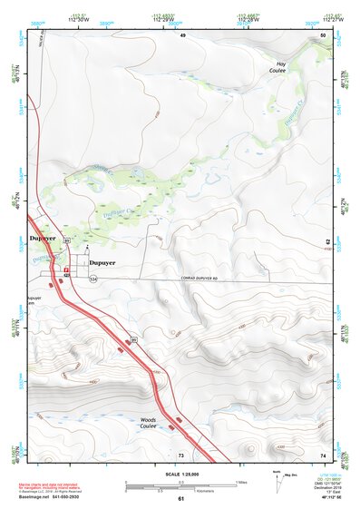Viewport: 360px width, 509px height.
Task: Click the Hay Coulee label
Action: pyautogui.click(x=280, y=67)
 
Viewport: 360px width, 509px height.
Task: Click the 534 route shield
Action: pyautogui.click(x=92, y=279)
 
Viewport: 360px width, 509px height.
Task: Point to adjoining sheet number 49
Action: pyautogui.click(x=181, y=34)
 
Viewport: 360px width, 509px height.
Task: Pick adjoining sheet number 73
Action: pyautogui.click(x=181, y=454)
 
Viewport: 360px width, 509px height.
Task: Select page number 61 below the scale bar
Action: pyautogui.click(x=180, y=498)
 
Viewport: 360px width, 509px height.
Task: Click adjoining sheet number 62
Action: pyautogui.click(x=326, y=243)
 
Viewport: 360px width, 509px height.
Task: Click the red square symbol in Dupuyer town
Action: pyautogui.click(x=66, y=269)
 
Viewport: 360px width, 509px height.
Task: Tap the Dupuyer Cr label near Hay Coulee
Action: pyautogui.click(x=292, y=112)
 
